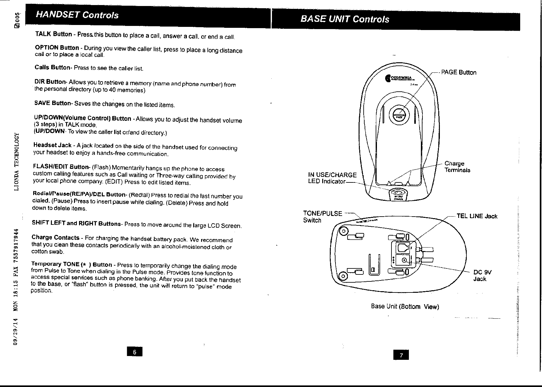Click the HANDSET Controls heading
coord(77,15)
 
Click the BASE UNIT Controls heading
coord(345,19)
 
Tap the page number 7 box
coord(401,355)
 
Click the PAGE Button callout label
coord(459,72)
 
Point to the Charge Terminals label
coord(457,167)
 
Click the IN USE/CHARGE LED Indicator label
coord(332,178)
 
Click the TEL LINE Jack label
coord(477,216)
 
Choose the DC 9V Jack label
coord(482,275)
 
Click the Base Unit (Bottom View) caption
coord(405,306)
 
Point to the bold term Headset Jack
coord(52,145)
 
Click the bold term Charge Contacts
coord(55,237)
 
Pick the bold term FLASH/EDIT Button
coord(61,167)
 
